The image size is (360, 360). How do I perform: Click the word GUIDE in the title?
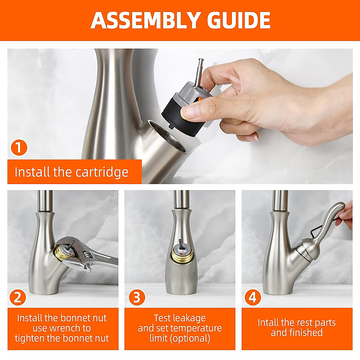pyautogui.click(x=239, y=20)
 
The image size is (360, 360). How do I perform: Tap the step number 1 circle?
pyautogui.click(x=19, y=147)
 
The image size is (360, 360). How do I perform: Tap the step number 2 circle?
pyautogui.click(x=18, y=297)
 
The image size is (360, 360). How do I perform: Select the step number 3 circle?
pyautogui.click(x=137, y=297)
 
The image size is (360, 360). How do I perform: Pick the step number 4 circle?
pyautogui.click(x=253, y=297)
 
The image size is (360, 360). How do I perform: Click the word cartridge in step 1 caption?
pyautogui.click(x=102, y=172)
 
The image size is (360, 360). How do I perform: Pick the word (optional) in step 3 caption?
pyautogui.click(x=190, y=338)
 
